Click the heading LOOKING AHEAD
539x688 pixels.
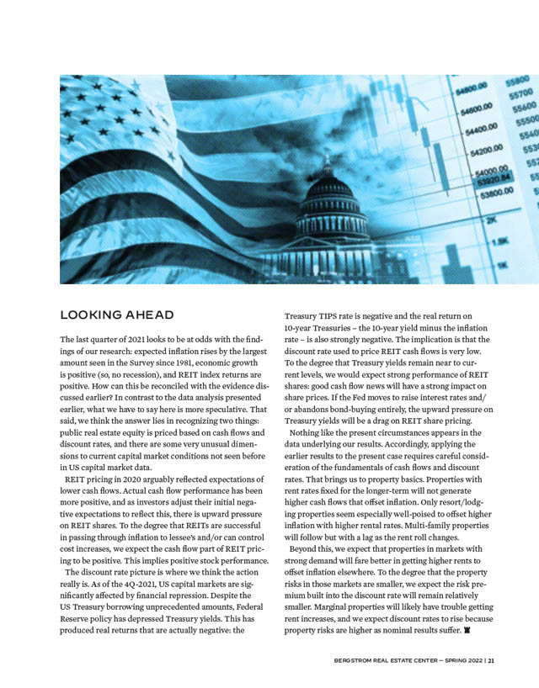(116, 315)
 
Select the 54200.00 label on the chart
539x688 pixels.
(472, 150)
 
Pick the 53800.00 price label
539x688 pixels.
(474, 193)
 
